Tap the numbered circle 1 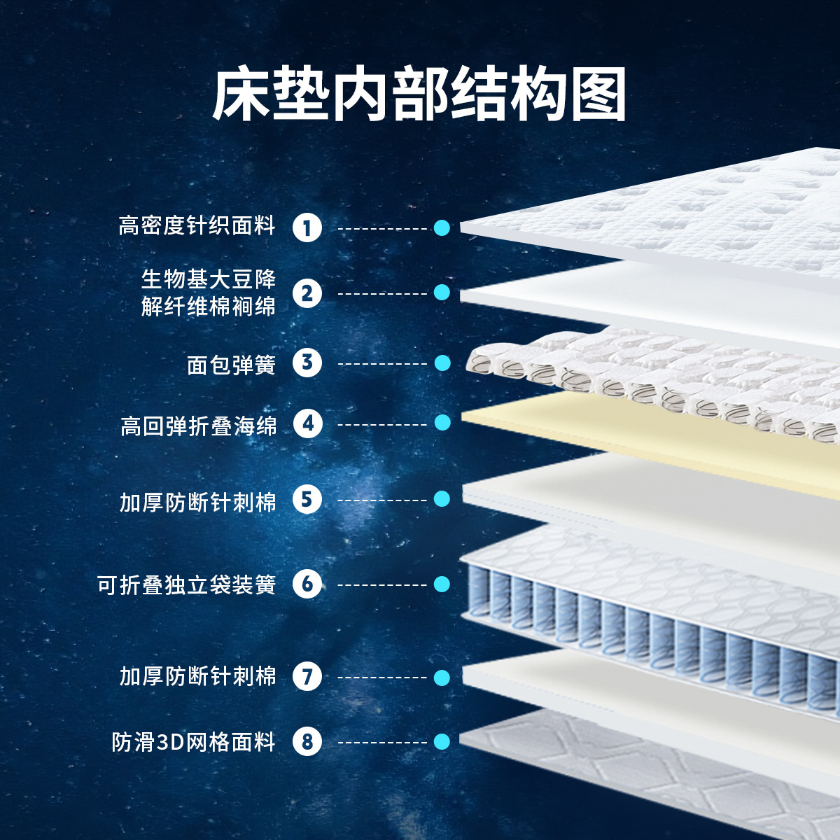click(307, 227)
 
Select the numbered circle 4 click(307, 423)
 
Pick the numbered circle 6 click(307, 584)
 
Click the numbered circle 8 click(307, 741)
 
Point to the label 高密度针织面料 click(197, 226)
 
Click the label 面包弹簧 click(231, 364)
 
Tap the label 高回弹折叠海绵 click(199, 425)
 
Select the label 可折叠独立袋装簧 click(187, 584)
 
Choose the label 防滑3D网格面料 click(193, 741)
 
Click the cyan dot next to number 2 click(442, 293)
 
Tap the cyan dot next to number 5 click(442, 499)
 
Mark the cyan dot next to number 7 click(442, 677)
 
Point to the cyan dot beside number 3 click(442, 363)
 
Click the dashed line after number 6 click(382, 584)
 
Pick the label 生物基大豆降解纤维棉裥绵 click(208, 293)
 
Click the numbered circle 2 click(307, 293)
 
